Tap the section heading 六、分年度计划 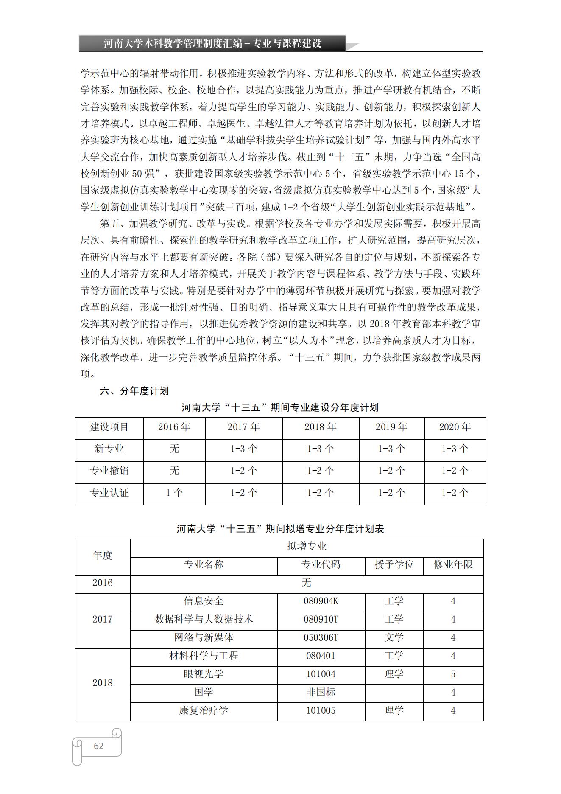[x=134, y=391]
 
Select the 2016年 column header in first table [x=174, y=427]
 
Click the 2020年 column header [x=455, y=427]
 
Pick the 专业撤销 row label [x=109, y=471]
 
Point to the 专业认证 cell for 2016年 [x=174, y=493]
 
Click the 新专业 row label [x=109, y=449]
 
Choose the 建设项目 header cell [x=109, y=427]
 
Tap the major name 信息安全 [x=204, y=601]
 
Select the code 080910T [x=321, y=620]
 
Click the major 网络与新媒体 [x=204, y=638]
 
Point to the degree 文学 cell [x=394, y=638]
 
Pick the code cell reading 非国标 [x=321, y=693]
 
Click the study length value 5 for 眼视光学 [x=453, y=674]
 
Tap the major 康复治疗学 [x=204, y=711]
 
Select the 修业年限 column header [x=453, y=565]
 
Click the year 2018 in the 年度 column [x=103, y=683]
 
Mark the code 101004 [x=321, y=674]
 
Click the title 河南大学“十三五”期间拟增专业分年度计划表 [x=280, y=529]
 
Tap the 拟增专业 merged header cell [x=307, y=547]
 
